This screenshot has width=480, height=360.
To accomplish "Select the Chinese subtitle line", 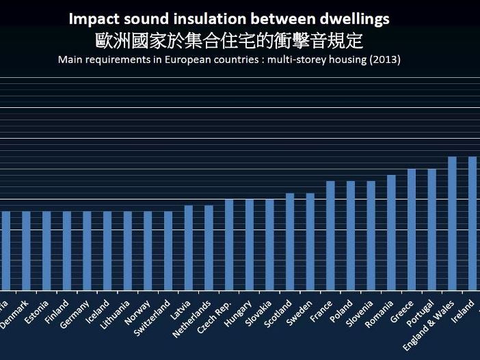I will click(229, 41).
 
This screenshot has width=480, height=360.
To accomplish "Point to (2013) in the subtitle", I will click(384, 59).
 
